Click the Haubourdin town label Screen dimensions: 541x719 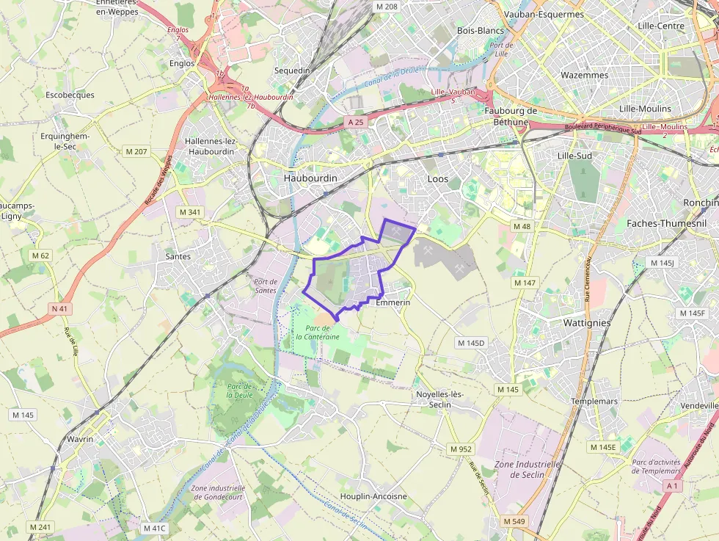point(310,178)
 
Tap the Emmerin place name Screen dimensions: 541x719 point(393,302)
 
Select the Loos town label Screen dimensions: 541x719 point(437,178)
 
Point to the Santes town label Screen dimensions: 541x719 point(178,256)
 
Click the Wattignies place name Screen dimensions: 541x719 point(587,322)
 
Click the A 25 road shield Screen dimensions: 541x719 point(356,122)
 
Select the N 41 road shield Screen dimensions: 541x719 point(59,309)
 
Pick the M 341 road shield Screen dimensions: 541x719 point(190,212)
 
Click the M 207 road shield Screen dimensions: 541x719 point(136,152)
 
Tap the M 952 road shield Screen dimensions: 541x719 point(461,449)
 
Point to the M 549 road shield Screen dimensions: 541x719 point(514,521)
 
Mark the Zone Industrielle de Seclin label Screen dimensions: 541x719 point(528,469)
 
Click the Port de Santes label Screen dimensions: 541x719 point(265,286)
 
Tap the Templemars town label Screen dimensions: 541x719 point(594,402)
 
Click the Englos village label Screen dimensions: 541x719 point(181,63)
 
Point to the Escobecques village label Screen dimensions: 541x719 point(70,95)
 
